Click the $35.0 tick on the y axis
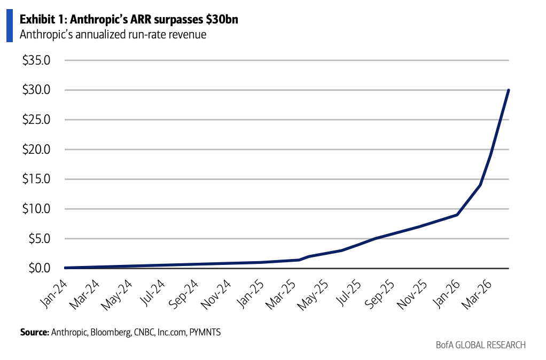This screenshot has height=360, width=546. pyautogui.click(x=36, y=60)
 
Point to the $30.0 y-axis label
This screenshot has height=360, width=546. pyautogui.click(x=36, y=90)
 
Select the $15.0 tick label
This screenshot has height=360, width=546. pyautogui.click(x=36, y=179)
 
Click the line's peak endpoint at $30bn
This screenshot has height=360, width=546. pyautogui.click(x=509, y=90)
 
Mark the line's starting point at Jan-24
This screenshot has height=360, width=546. pyautogui.click(x=65, y=268)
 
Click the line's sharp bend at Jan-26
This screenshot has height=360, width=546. pyautogui.click(x=457, y=215)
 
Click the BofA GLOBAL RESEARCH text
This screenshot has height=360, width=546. pyautogui.click(x=480, y=345)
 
